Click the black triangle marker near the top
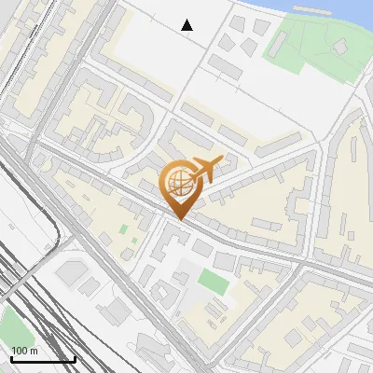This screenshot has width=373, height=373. tap(187, 24)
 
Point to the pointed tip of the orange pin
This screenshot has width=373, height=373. tap(180, 218)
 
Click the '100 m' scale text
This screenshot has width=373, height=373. tap(24, 351)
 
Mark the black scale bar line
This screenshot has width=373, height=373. tap(43, 359)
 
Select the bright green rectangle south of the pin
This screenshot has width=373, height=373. tap(213, 280)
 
